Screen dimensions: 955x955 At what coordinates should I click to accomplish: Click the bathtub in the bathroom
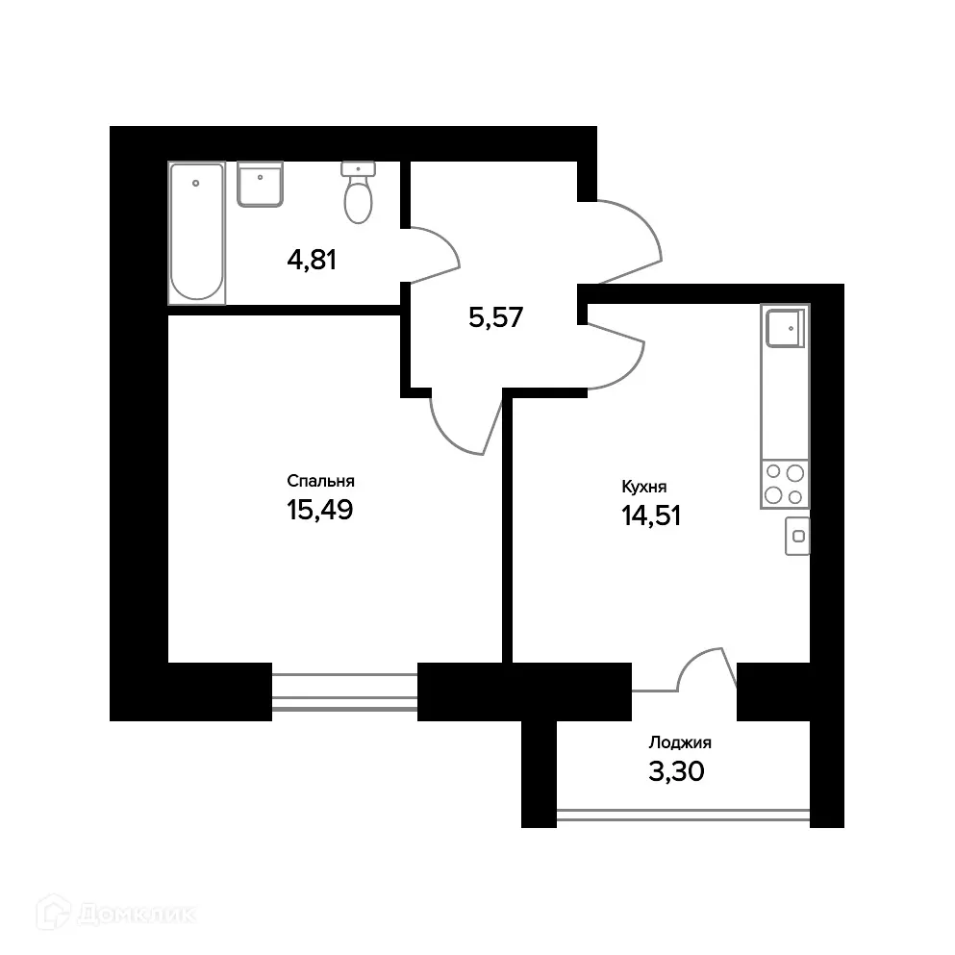[x=197, y=233]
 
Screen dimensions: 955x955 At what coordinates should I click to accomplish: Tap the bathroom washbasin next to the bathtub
[x=260, y=184]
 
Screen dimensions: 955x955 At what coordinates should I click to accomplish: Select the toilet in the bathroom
[x=358, y=195]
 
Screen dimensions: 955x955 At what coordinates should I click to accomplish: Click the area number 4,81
[x=312, y=259]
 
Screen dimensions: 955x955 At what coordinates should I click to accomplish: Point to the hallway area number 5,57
[x=495, y=317]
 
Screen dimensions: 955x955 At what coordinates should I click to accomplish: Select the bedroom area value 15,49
[x=320, y=510]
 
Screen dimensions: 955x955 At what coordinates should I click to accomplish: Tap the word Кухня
[x=644, y=488]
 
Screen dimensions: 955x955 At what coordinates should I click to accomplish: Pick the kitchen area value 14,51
[x=651, y=516]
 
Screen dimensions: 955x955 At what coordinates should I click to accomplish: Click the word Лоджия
[x=680, y=742]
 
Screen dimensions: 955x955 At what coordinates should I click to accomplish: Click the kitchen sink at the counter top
[x=785, y=328]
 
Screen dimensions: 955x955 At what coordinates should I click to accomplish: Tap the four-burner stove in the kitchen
[x=785, y=485]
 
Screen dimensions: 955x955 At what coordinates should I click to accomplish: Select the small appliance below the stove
[x=796, y=536]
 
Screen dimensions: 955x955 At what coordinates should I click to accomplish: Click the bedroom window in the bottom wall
[x=344, y=691]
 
